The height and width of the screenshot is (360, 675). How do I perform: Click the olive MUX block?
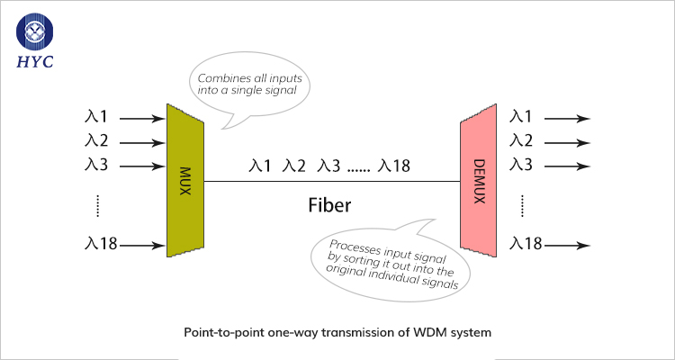(x=185, y=177)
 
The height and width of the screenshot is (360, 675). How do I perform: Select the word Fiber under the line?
(x=329, y=206)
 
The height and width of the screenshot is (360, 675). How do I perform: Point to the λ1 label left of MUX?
(x=96, y=117)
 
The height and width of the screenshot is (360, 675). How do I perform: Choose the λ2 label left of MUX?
(x=96, y=141)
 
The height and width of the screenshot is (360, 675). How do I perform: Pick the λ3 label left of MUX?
(x=96, y=166)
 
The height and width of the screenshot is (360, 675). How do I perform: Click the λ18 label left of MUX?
(x=100, y=244)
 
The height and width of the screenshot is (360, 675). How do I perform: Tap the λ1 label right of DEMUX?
(x=521, y=117)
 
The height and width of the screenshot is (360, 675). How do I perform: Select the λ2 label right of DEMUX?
(x=521, y=141)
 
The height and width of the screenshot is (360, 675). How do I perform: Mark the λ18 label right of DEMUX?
(x=526, y=244)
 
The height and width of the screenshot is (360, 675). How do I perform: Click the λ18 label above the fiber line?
(x=395, y=166)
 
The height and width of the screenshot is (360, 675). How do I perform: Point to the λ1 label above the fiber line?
(x=260, y=166)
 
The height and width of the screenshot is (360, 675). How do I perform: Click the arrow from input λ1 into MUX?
(x=142, y=117)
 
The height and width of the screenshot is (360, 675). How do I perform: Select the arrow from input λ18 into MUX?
(x=144, y=244)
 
